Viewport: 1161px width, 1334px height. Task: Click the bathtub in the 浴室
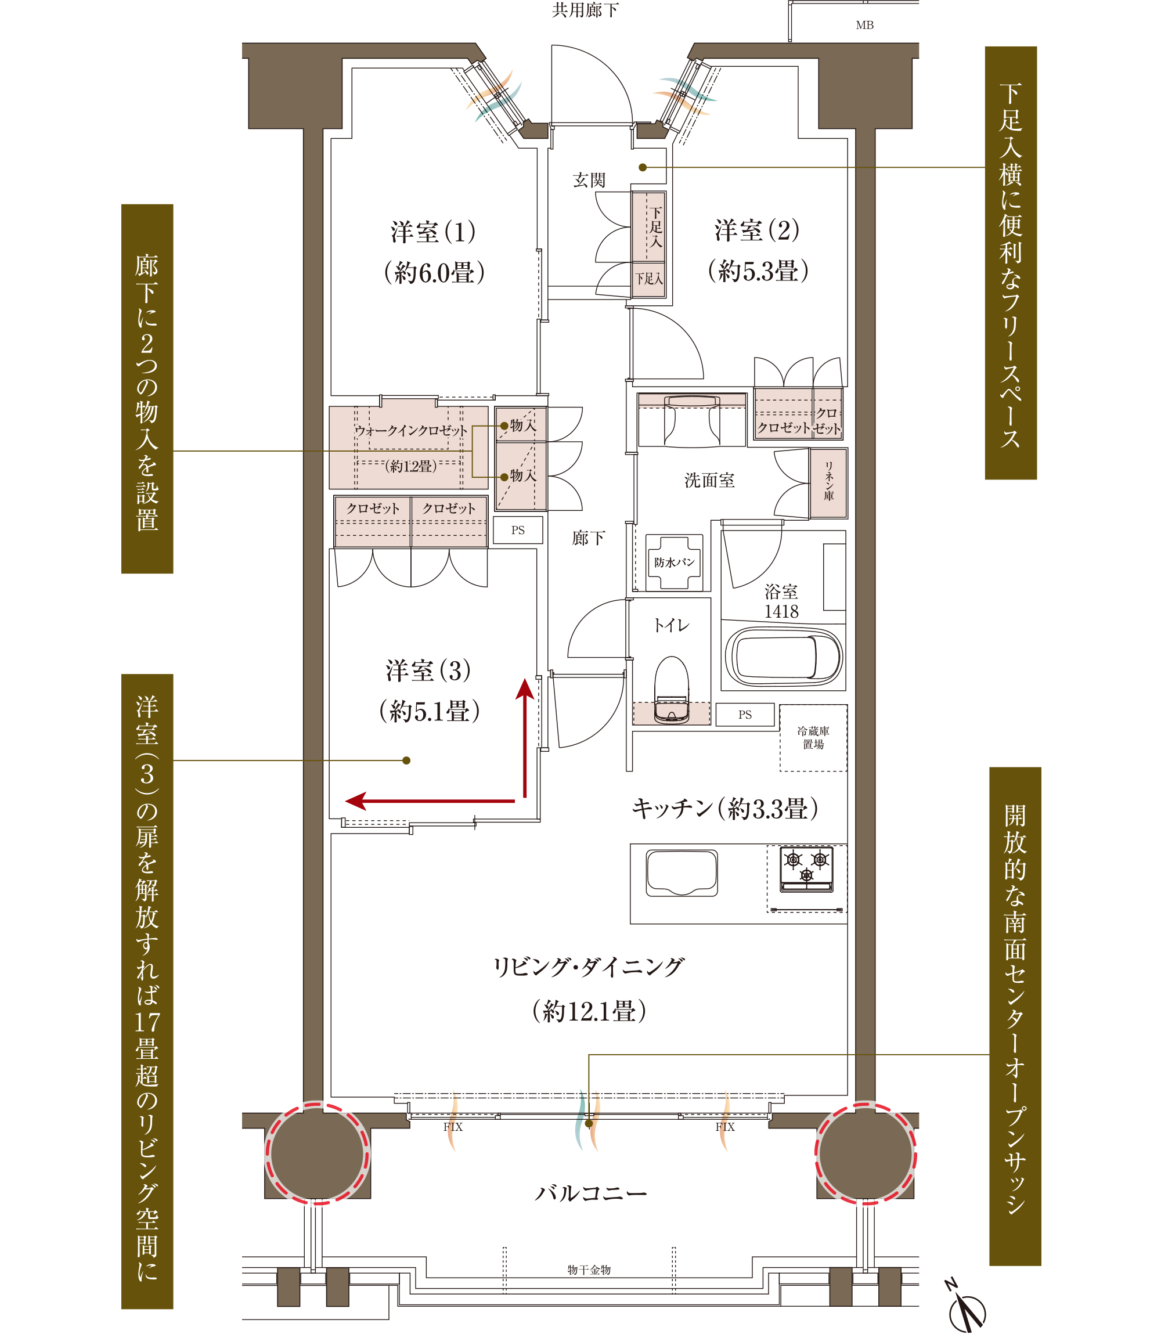pos(783,657)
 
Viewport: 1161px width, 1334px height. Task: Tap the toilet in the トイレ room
pos(670,690)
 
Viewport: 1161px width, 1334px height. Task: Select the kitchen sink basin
pos(682,872)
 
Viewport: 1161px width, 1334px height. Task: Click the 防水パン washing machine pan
pos(674,563)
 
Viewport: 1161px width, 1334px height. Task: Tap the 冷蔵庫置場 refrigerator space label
pos(813,737)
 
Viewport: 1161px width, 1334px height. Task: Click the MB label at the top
pos(864,26)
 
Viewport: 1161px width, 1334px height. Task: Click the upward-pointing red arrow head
pos(525,688)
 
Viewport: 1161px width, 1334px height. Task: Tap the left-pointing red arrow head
pos(357,801)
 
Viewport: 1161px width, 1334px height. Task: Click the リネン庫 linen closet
pos(828,484)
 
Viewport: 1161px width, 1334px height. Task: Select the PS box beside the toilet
pos(745,715)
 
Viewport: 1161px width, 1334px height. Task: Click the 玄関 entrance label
pos(589,180)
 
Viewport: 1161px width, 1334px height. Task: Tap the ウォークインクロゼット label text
pos(411,430)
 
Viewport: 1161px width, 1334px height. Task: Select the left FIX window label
pos(453,1127)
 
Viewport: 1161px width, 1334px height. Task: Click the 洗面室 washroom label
pos(709,480)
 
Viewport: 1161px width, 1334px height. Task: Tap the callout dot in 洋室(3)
pos(406,760)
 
